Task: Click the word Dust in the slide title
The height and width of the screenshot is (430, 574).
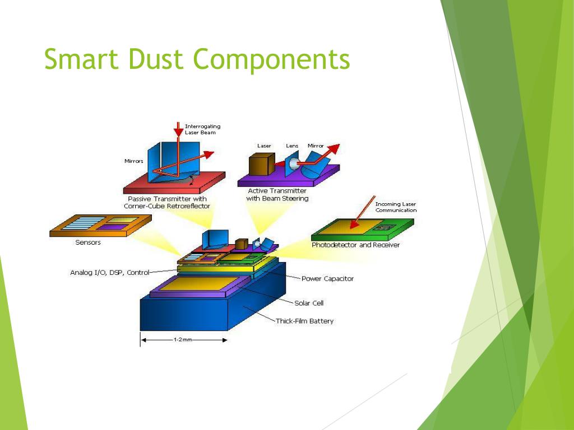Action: (x=157, y=59)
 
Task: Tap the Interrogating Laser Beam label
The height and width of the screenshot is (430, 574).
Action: (x=202, y=129)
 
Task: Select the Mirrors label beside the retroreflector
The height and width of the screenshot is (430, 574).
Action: (x=134, y=161)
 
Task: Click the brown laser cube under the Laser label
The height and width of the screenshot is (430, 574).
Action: (x=260, y=165)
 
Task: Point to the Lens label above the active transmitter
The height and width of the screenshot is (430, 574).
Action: (x=292, y=146)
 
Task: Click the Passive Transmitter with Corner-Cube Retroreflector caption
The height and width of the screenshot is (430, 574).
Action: (x=167, y=202)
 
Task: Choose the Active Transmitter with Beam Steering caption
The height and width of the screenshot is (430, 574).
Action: (x=277, y=194)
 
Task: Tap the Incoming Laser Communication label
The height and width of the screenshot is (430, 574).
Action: (x=396, y=207)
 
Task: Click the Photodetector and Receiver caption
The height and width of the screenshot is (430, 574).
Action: (x=355, y=245)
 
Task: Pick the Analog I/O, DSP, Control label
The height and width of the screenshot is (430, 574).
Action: (x=109, y=273)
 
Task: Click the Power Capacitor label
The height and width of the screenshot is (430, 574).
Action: (x=327, y=278)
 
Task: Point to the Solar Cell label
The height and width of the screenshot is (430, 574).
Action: (x=309, y=303)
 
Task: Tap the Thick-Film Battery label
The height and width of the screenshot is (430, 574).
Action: (x=304, y=321)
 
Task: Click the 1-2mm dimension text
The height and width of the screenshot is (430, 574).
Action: (x=182, y=340)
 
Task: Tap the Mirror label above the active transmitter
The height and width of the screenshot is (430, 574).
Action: (x=316, y=146)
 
